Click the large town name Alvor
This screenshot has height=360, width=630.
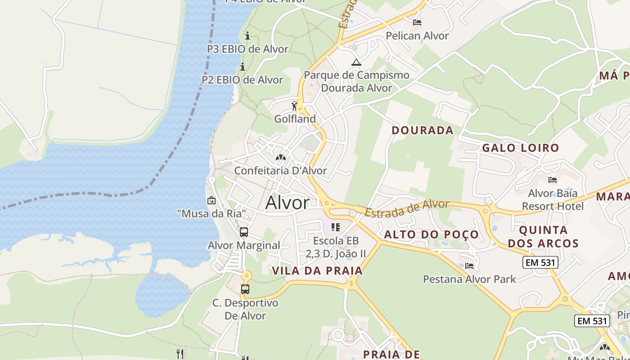pos(288,202)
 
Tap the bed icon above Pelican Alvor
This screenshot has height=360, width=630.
pos(417,22)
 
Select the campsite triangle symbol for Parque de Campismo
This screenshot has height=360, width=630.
pos(356,62)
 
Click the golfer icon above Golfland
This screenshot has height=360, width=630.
pos(295,106)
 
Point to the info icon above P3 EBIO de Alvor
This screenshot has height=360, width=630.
pos(247,36)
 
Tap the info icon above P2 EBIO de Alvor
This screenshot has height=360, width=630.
pos(243,67)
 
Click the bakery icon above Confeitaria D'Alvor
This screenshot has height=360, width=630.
pos(281,158)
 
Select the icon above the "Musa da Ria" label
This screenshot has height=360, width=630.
pos(211,200)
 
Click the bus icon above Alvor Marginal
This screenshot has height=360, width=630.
pos(244,232)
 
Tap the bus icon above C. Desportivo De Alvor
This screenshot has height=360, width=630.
pos(245,289)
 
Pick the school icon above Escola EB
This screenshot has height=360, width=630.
pos(335,227)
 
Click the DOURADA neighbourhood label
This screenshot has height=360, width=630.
pos(422,130)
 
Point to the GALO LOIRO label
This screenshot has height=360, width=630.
pos(520,148)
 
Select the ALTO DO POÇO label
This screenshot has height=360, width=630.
pos(431,234)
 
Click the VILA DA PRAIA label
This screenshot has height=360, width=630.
pos(317,270)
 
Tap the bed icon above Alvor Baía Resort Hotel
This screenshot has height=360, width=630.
pos(553,180)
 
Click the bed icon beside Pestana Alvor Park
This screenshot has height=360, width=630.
pos(469,265)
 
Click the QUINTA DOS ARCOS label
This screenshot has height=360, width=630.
pos(549,237)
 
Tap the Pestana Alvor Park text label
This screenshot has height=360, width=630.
pos(469,279)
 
